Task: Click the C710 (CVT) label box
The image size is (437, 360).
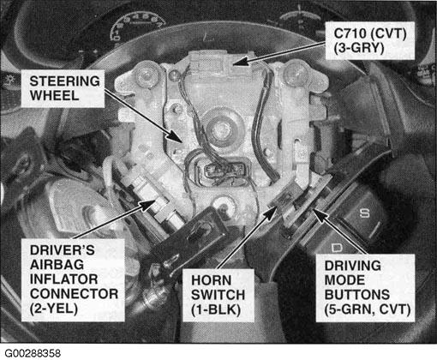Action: [x=370, y=40]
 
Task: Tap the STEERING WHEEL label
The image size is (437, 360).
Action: [x=63, y=88]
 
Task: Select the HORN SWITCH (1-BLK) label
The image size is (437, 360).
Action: [x=218, y=296]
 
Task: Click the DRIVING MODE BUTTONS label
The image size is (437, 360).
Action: [x=365, y=288]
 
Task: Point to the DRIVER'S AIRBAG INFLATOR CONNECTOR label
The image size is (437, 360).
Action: [x=73, y=280]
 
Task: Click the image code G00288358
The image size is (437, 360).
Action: [x=33, y=353]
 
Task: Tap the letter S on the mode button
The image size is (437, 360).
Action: [x=364, y=213]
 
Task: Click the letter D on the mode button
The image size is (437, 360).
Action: [x=337, y=248]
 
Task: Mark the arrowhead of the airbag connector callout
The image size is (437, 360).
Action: [x=147, y=204]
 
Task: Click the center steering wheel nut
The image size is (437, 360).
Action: [x=219, y=129]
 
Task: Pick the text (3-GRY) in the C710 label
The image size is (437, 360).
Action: [x=359, y=48]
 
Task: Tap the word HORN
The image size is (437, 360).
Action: [x=212, y=280]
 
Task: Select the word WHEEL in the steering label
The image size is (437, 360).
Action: [x=54, y=96]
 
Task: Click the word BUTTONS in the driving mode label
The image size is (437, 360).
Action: [x=357, y=295]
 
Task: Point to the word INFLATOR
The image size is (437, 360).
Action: [x=63, y=279]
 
